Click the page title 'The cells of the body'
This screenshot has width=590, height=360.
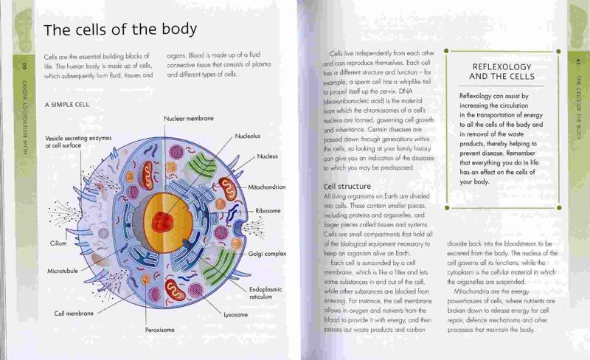(120, 30)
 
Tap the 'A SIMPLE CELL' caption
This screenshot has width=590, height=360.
(67, 105)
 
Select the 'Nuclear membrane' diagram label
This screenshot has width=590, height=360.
(189, 118)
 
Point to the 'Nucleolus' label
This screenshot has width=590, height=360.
(248, 136)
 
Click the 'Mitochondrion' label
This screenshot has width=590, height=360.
(267, 187)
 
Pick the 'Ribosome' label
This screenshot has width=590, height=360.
(268, 211)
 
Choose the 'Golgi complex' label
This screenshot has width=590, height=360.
(267, 254)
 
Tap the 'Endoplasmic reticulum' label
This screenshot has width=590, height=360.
(265, 293)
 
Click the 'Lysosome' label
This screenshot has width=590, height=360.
(235, 315)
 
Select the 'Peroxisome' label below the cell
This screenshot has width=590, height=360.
(160, 330)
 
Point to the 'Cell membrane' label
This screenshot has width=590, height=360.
(74, 314)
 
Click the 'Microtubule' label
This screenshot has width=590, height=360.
(63, 271)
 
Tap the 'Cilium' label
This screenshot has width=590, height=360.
(58, 243)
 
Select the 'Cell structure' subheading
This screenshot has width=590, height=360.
(347, 186)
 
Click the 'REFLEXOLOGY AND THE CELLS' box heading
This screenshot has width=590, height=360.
(502, 72)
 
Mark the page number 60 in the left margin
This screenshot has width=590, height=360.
(24, 66)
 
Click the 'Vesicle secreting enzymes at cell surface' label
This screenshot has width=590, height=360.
(78, 142)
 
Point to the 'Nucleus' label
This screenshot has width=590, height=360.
(268, 156)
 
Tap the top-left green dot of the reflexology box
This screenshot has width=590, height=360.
(446, 51)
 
